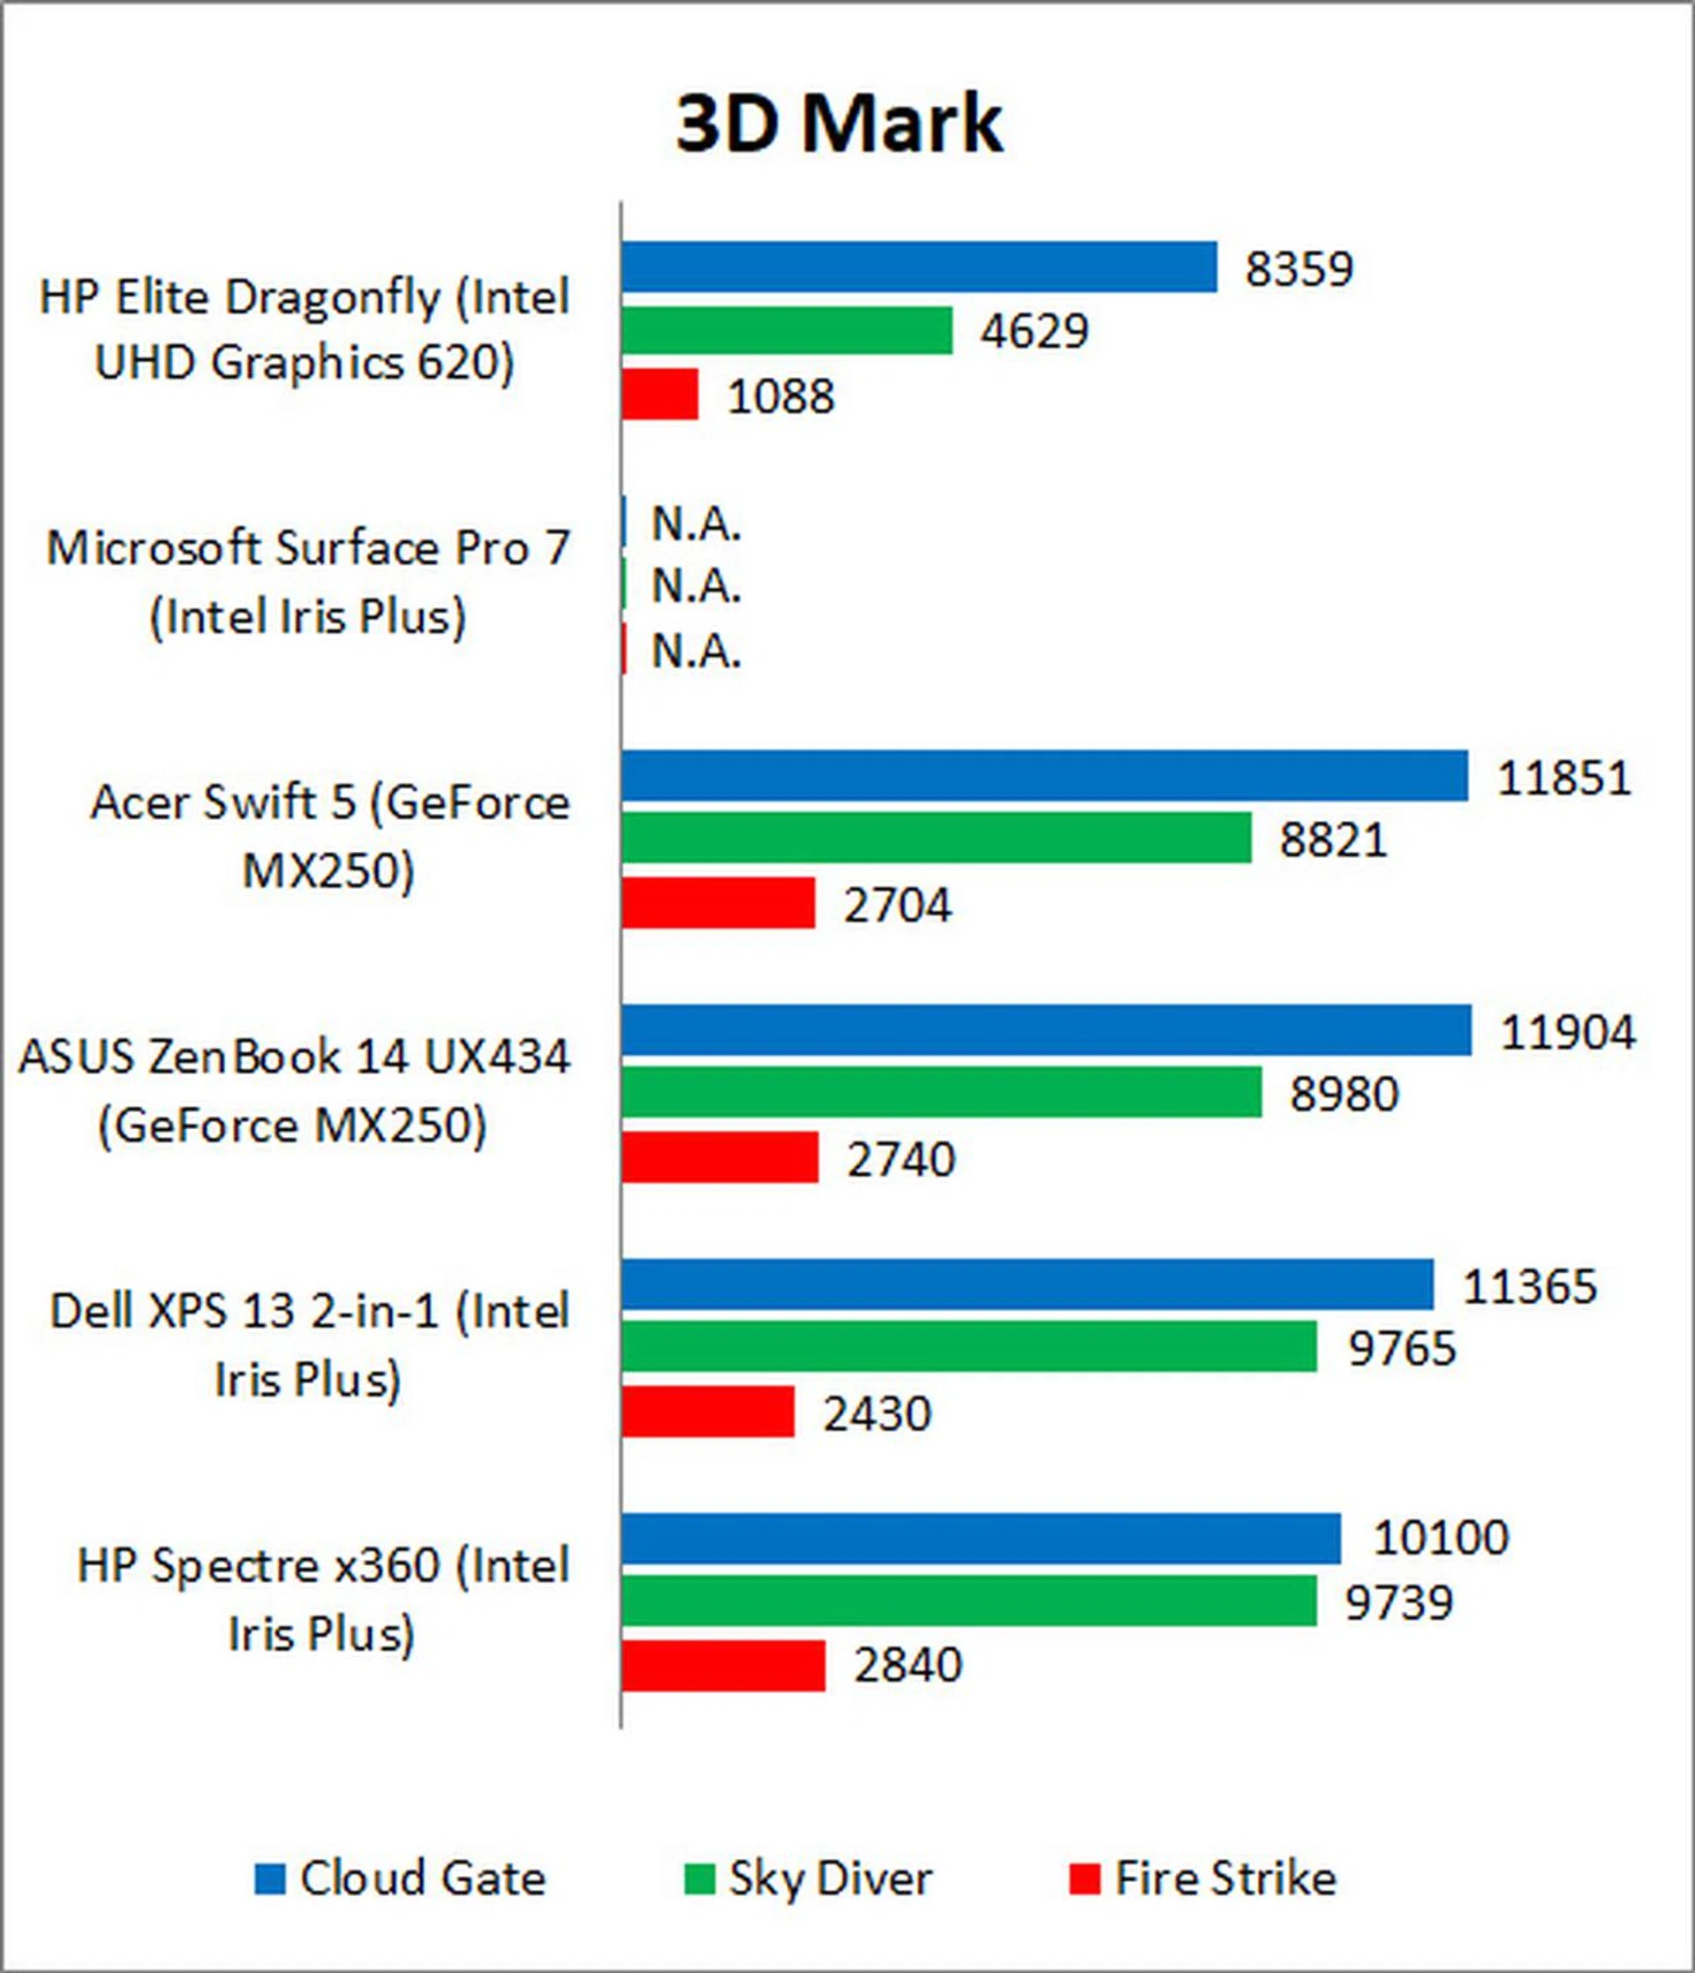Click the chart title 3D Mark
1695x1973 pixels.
[x=839, y=124]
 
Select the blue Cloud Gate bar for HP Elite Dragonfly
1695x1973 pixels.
[x=919, y=267]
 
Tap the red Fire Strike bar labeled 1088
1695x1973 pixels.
[x=660, y=395]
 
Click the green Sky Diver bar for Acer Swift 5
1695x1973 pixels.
[x=936, y=838]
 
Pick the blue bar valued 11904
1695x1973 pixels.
[x=1046, y=1030]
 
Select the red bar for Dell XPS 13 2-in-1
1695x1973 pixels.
[x=707, y=1412]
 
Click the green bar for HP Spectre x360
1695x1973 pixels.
[x=968, y=1601]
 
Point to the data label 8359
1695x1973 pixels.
[x=1299, y=268]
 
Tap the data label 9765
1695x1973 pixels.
[x=1402, y=1348]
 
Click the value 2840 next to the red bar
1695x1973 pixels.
[x=908, y=1665]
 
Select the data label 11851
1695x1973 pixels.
[x=1563, y=777]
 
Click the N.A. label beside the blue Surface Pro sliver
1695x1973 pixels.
[x=696, y=523]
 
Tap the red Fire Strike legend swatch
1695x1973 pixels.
[x=1085, y=1879]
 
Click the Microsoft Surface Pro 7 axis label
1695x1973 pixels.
[x=308, y=582]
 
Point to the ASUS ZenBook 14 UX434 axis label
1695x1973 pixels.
[x=295, y=1091]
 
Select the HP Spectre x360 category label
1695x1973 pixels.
[x=322, y=1600]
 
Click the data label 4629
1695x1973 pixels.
[x=1034, y=331]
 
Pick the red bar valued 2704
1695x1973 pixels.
[x=718, y=903]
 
